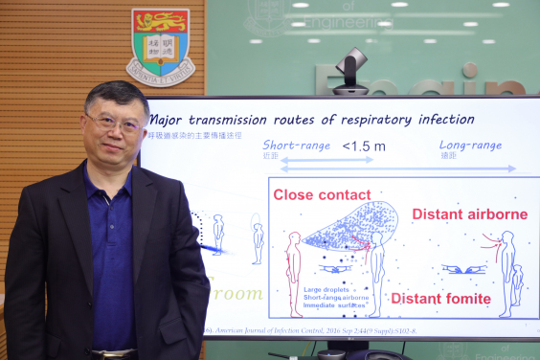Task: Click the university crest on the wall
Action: (x=160, y=45)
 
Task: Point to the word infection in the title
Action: (x=439, y=120)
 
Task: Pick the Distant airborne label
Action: (x=469, y=214)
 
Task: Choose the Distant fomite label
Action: (x=440, y=298)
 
